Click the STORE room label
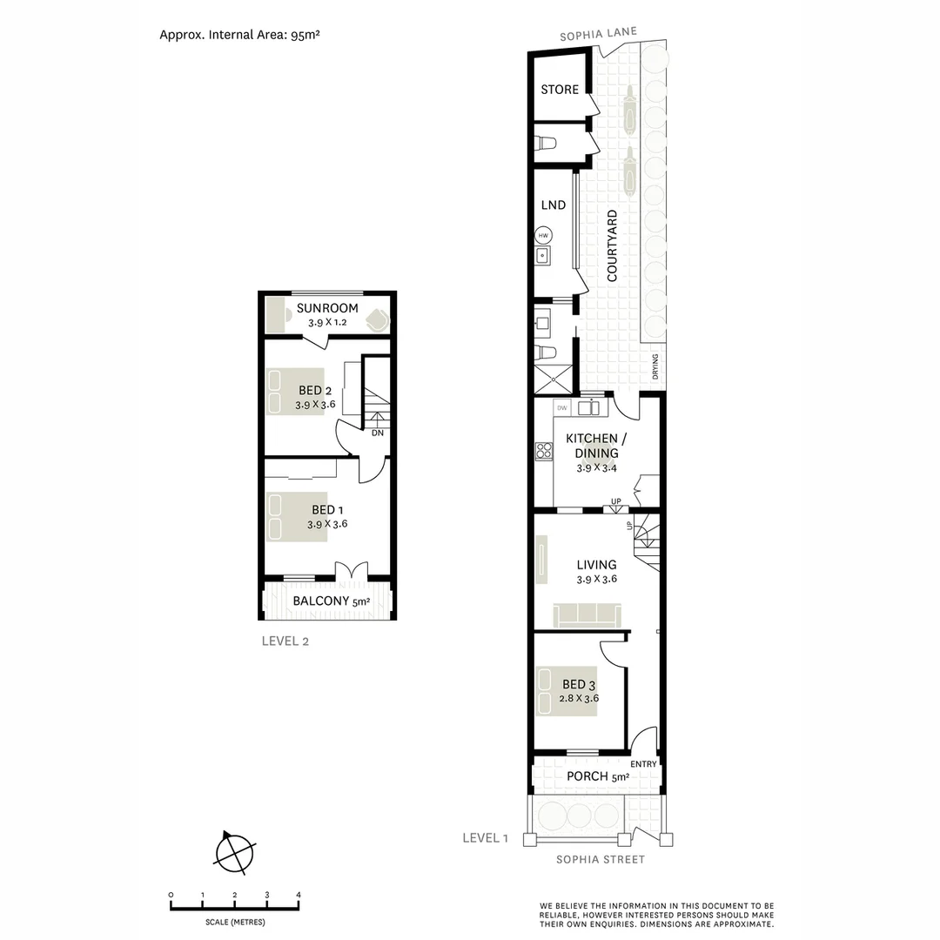click(560, 90)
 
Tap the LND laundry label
click(554, 205)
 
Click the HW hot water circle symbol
click(544, 236)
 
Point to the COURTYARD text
click(612, 245)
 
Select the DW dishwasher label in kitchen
click(562, 407)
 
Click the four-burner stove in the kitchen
click(545, 450)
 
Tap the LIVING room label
click(596, 565)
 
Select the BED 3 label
click(580, 684)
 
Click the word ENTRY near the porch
click(643, 763)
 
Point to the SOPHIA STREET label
click(601, 860)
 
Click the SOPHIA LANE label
click(598, 34)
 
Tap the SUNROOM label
click(327, 308)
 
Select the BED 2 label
click(315, 390)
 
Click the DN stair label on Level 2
click(377, 433)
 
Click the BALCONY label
click(321, 601)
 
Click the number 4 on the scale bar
click(299, 895)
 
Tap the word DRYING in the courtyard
click(655, 368)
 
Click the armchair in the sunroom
click(375, 319)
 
